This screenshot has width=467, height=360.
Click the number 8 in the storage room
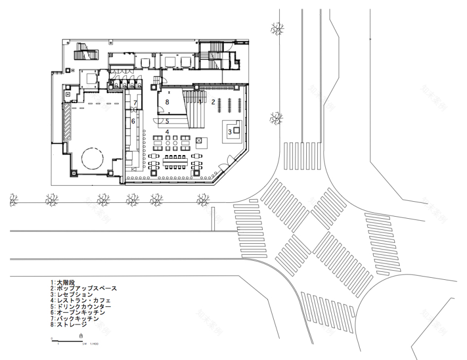click(167, 101)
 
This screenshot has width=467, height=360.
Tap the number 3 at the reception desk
click(230, 131)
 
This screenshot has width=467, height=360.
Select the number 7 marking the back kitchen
click(135, 103)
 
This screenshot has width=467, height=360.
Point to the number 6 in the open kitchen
click(133, 122)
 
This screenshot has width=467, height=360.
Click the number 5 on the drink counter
click(167, 121)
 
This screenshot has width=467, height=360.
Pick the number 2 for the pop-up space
click(213, 101)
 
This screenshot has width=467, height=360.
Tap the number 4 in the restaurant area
click(167, 132)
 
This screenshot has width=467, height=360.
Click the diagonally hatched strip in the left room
click(67, 122)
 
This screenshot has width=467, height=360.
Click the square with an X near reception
click(200, 140)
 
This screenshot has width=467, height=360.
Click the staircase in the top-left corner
click(84, 53)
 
